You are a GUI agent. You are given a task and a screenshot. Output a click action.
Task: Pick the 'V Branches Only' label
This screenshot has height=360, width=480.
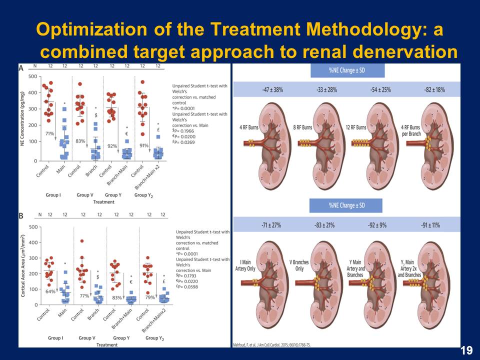click(x=298, y=265)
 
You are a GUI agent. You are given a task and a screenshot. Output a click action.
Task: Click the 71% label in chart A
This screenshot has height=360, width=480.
click(x=50, y=134)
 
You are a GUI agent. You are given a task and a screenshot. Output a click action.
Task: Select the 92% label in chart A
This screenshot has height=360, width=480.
click(x=111, y=146)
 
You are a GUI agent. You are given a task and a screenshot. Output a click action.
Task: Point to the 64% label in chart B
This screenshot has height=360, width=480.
click(x=50, y=291)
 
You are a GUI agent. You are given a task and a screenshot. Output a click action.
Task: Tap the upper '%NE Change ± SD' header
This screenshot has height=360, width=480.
click(x=346, y=70)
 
